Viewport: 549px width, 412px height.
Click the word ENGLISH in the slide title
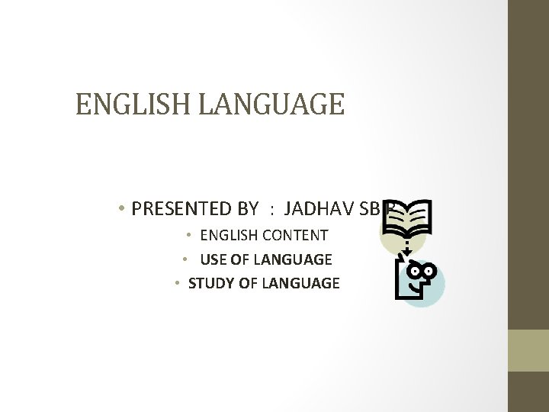pos(134,104)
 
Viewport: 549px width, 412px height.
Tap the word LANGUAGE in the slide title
pos(271,104)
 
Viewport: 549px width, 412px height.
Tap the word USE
pos(213,259)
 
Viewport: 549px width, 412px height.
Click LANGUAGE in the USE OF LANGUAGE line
pos(296,259)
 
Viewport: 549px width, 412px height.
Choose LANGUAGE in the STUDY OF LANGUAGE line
pos(300,283)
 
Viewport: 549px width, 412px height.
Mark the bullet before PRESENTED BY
pos(122,208)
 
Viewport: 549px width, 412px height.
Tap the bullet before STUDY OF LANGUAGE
pos(177,283)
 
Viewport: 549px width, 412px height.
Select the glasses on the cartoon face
pos(422,270)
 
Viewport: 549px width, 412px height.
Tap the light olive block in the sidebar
pos(528,350)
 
